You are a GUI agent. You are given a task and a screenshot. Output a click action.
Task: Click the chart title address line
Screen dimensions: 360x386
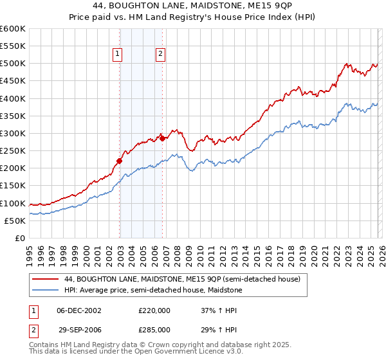193,6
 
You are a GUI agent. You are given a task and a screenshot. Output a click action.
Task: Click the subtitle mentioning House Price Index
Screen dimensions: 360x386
193,17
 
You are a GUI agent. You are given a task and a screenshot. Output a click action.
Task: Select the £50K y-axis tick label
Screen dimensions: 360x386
15,221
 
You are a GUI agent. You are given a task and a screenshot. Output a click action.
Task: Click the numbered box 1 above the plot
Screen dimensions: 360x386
118,55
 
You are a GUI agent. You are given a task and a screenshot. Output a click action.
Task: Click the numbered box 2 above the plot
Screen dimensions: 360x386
160,55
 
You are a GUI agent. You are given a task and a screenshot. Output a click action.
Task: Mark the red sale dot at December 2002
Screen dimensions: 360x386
119,161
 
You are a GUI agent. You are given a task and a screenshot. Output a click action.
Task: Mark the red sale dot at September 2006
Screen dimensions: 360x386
162,138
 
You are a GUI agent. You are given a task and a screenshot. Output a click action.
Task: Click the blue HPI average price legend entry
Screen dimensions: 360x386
152,291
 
